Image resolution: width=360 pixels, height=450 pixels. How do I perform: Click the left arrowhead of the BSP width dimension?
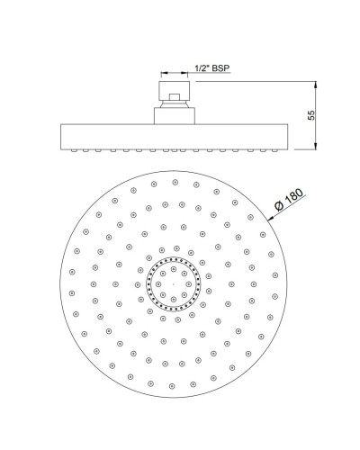pos(163,76)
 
